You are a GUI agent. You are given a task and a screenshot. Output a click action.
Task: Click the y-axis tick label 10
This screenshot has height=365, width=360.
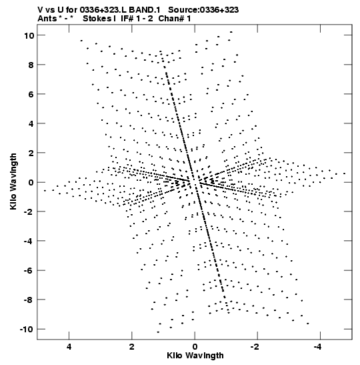tap(29, 35)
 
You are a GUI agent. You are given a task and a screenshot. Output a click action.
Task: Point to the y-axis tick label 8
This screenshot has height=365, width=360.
tap(31, 65)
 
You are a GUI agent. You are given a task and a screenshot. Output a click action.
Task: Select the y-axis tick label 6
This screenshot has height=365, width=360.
tap(31, 94)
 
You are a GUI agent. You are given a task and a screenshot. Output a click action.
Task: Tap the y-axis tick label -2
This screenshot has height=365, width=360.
tap(29, 212)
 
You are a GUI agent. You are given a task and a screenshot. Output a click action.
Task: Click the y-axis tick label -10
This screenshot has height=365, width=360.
tap(27, 330)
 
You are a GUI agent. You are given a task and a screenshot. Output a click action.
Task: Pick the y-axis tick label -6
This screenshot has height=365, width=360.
tap(29, 271)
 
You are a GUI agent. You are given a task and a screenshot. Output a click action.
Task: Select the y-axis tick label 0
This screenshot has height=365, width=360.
tap(31, 183)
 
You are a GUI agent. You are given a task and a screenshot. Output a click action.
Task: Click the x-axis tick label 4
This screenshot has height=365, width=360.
tap(69, 347)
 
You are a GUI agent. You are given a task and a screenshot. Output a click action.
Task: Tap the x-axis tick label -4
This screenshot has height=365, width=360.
tap(318, 347)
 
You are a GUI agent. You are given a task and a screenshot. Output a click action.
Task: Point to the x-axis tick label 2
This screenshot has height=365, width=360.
tap(132, 347)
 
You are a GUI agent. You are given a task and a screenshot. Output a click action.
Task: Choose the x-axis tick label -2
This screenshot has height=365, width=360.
tap(255, 347)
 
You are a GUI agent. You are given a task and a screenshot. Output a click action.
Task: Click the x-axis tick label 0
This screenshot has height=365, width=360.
tap(195, 347)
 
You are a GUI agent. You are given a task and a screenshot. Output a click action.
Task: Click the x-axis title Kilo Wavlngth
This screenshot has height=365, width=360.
tap(195, 356)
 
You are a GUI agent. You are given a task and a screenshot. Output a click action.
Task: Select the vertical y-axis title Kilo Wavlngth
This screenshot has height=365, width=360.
tap(13, 181)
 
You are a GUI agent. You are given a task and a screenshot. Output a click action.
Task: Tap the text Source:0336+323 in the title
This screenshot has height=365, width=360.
tap(203, 10)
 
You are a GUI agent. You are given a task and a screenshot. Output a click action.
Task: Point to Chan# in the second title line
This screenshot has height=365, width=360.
tap(171, 19)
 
